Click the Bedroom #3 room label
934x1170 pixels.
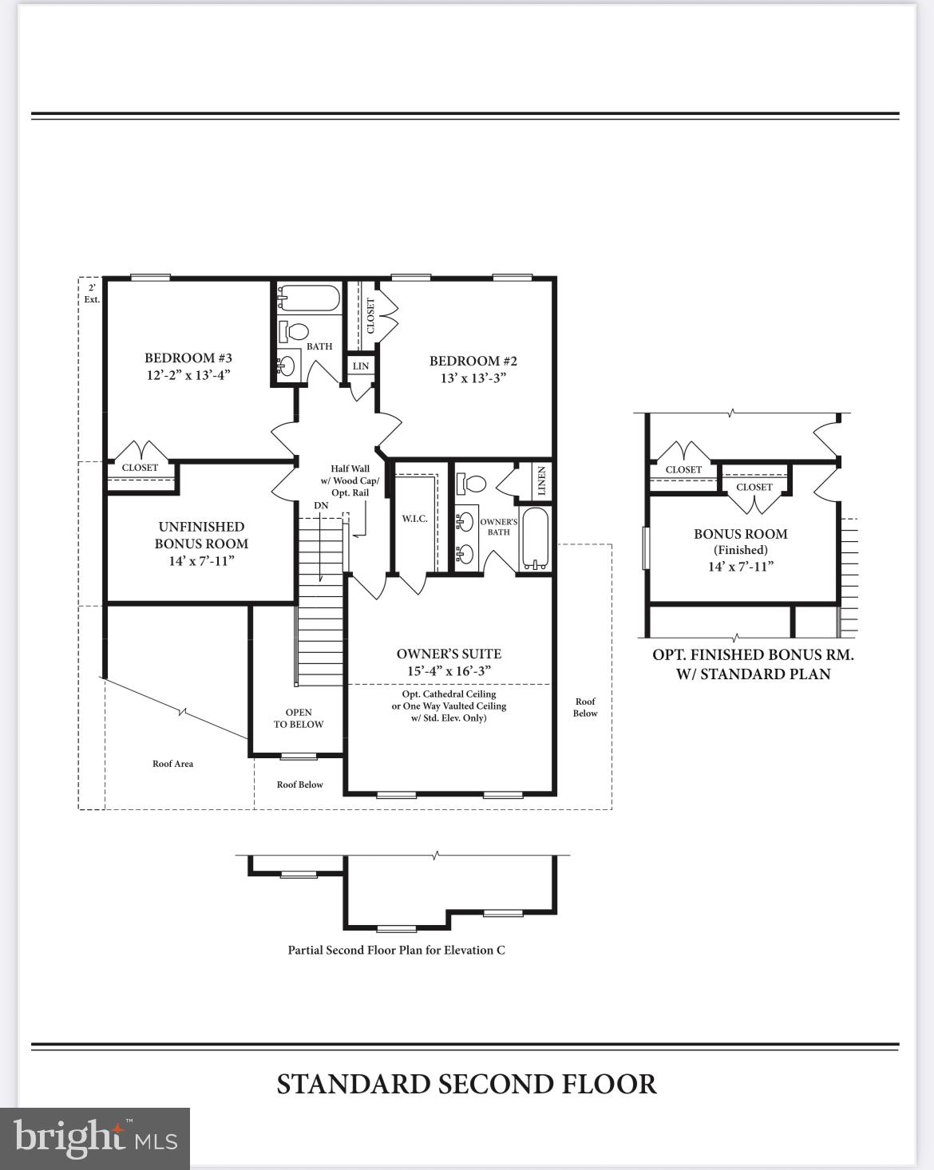(x=188, y=358)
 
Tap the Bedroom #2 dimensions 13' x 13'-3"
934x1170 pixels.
(x=473, y=377)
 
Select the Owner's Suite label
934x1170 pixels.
(x=449, y=654)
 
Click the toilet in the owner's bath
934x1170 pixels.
(x=471, y=483)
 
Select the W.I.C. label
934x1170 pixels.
(x=414, y=519)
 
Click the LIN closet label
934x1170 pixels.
(x=361, y=366)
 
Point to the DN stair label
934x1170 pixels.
(x=321, y=505)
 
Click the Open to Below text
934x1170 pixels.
(x=299, y=718)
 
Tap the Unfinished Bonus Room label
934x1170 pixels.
(x=201, y=535)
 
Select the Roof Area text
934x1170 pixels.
(x=172, y=764)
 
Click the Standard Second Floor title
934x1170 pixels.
(x=466, y=1084)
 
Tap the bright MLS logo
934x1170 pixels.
(x=94, y=1138)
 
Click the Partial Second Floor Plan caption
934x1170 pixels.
(x=396, y=950)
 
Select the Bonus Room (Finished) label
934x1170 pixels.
(x=740, y=541)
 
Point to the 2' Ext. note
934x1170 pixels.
(x=92, y=294)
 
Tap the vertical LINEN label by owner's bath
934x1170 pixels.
(x=541, y=480)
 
